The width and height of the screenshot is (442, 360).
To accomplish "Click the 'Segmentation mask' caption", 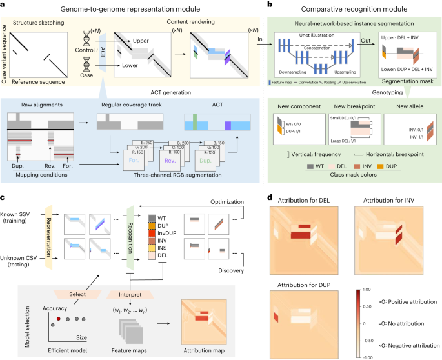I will [x=407, y=81].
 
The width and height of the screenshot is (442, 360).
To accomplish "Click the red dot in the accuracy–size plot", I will [x=59, y=317].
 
